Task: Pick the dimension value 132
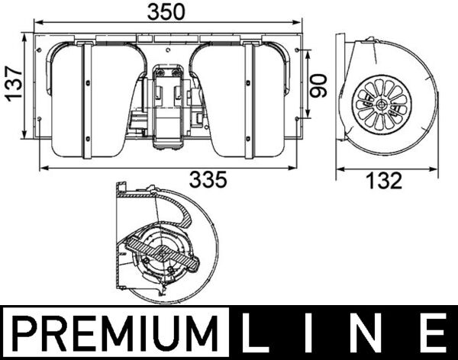pyautogui.click(x=384, y=181)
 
